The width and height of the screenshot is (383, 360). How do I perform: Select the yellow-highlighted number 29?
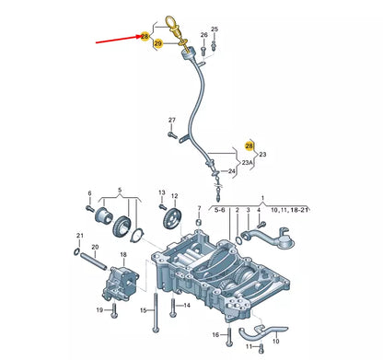[158, 43]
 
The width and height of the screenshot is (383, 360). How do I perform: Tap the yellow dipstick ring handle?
[171, 23]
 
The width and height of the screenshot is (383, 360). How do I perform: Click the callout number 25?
[215, 29]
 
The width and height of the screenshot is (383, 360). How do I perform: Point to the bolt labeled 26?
[203, 52]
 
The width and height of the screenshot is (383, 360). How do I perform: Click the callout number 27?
[172, 120]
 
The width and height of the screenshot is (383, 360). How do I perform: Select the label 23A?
[247, 163]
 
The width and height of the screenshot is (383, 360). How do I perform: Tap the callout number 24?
[232, 170]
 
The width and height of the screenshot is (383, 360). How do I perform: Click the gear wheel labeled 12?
[171, 219]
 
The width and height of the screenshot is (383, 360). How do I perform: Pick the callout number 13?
[162, 192]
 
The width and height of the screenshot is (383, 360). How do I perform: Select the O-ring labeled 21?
[77, 252]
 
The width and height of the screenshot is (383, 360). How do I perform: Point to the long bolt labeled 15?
[156, 312]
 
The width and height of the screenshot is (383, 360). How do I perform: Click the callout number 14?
[187, 305]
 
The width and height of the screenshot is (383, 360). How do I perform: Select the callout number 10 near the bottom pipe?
[275, 341]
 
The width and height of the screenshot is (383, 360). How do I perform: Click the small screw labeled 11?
[261, 347]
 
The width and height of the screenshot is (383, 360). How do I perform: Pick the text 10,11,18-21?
[289, 210]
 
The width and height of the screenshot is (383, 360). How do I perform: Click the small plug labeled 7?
[199, 222]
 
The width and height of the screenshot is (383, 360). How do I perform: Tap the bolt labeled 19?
[114, 310]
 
